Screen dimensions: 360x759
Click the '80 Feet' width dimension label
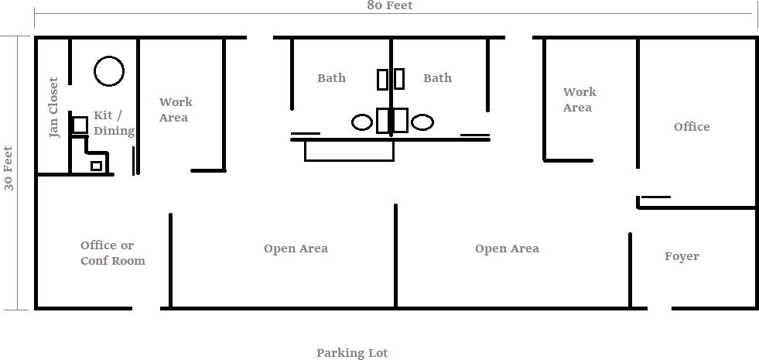[x=390, y=5]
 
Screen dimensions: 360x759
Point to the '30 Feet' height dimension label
[x=9, y=168]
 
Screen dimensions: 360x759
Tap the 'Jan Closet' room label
[x=53, y=107]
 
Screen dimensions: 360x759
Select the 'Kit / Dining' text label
[x=114, y=123]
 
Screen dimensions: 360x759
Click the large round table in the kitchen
[x=109, y=71]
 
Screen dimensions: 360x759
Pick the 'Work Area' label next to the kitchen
[x=176, y=109]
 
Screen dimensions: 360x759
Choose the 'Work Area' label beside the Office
[x=579, y=100]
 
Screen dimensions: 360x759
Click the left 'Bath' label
[x=331, y=78]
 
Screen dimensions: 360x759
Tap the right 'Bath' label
[x=437, y=78]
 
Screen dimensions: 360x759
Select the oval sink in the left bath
[x=362, y=122]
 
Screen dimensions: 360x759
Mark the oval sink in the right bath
[x=422, y=122]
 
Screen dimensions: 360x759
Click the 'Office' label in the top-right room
[x=691, y=127]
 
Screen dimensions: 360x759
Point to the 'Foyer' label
[x=682, y=256]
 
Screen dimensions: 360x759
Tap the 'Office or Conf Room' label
[x=112, y=253]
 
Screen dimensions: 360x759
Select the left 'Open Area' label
[x=296, y=249]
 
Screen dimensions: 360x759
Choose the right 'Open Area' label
[x=507, y=249]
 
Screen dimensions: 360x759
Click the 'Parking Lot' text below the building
[x=352, y=353]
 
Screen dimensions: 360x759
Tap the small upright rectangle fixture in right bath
[x=399, y=79]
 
